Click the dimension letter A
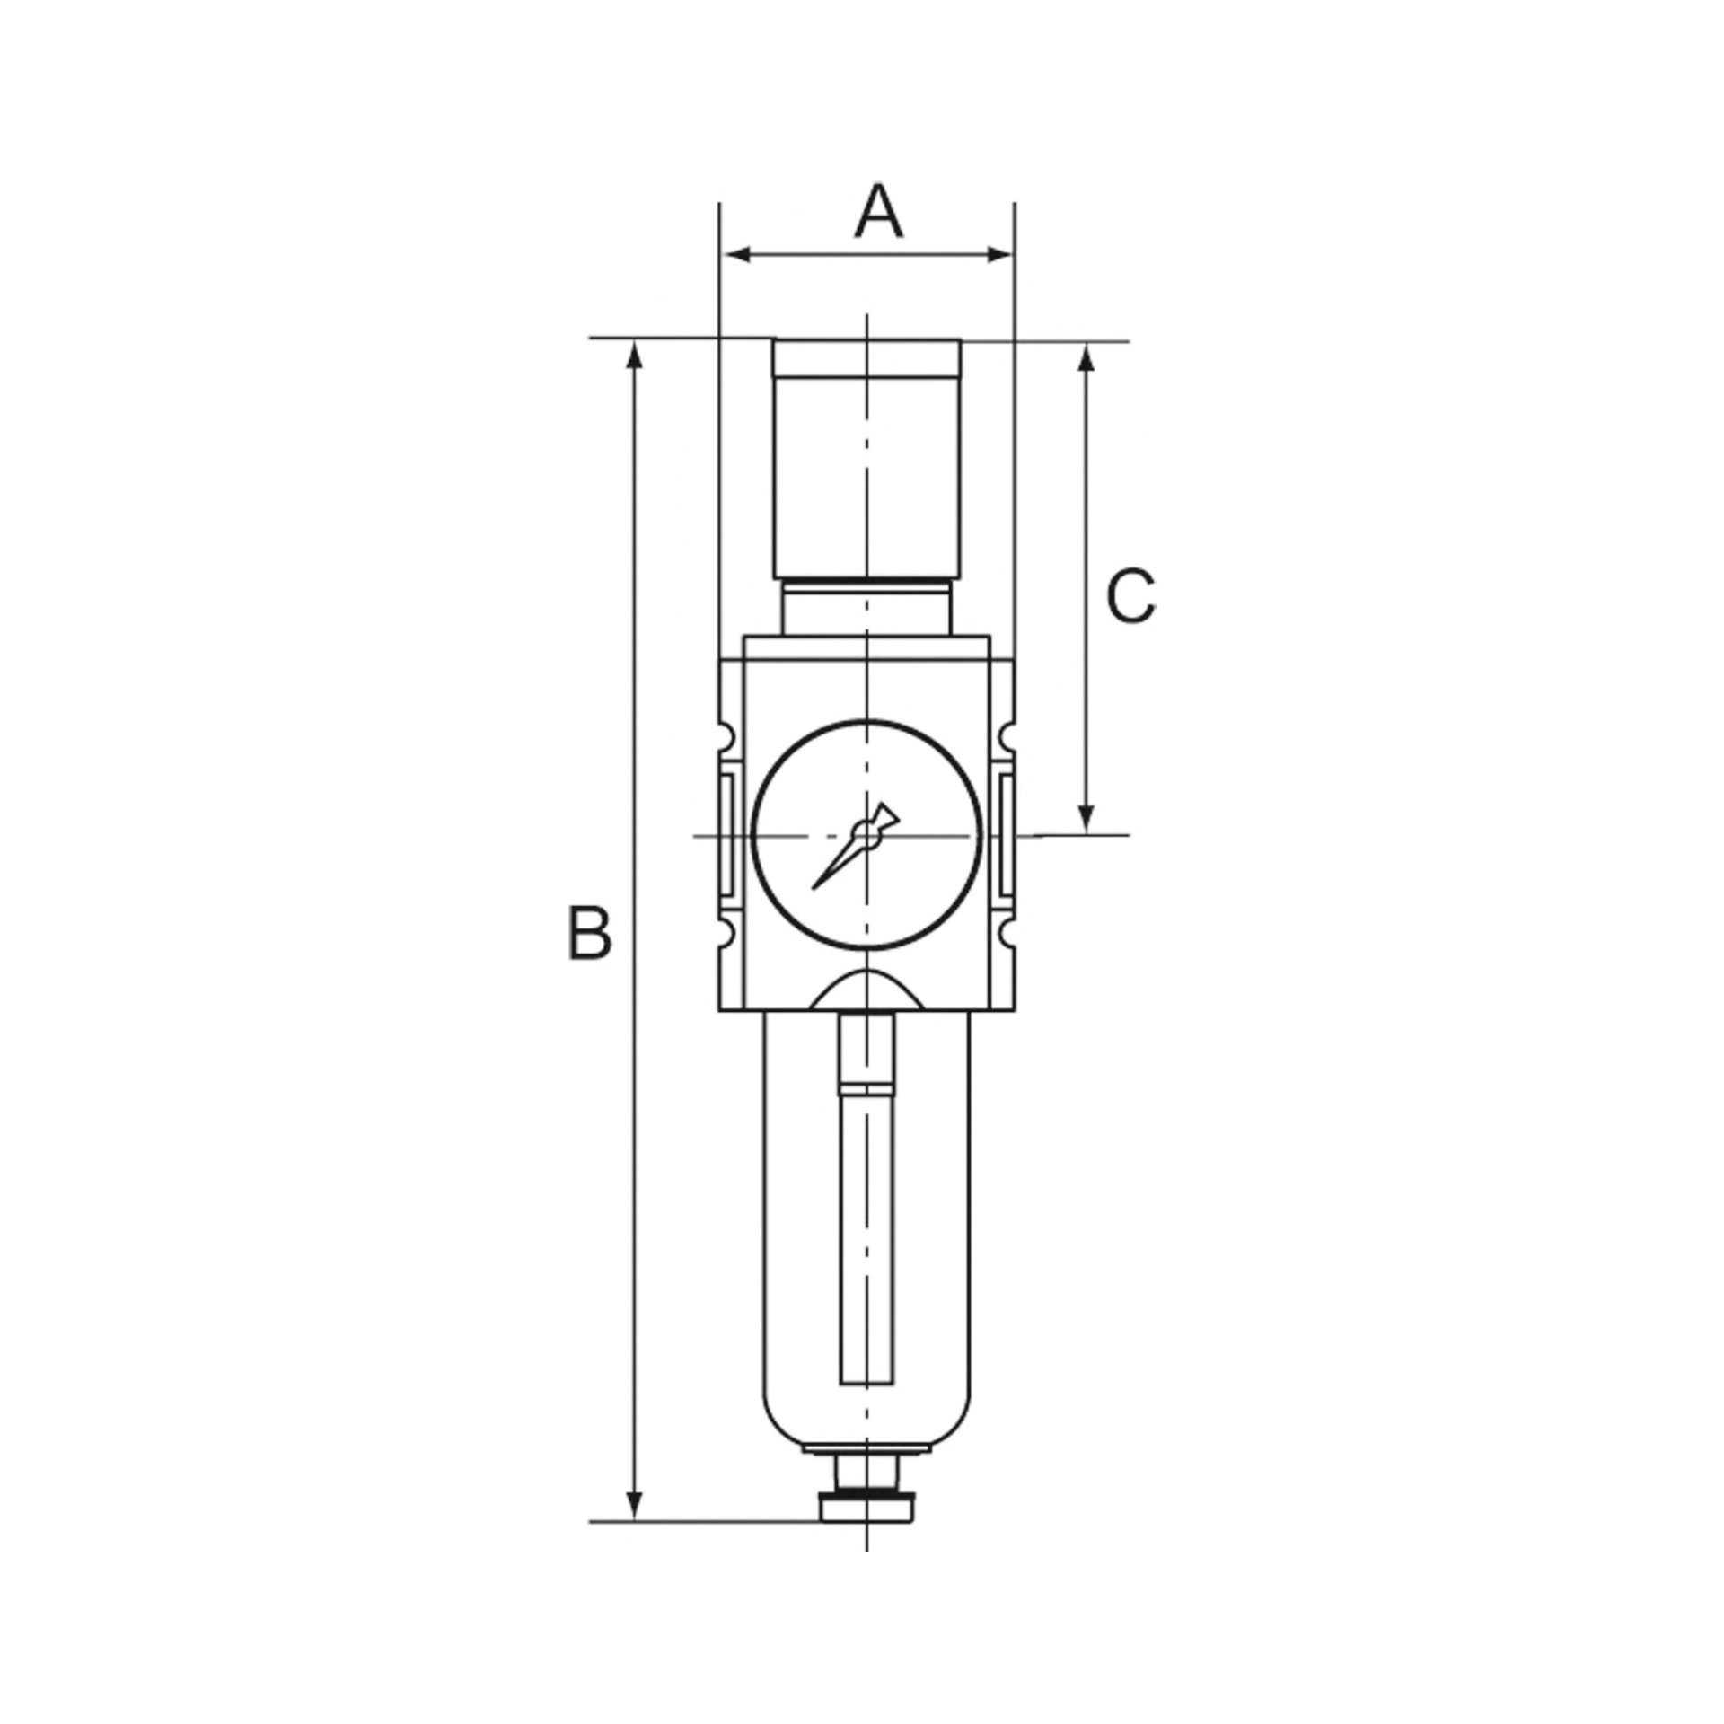pos(878,213)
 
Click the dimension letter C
pos(1130,595)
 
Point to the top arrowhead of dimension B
pos(635,357)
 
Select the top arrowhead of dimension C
pos(1086,359)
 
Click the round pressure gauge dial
pos(866,835)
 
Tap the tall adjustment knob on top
pos(867,458)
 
